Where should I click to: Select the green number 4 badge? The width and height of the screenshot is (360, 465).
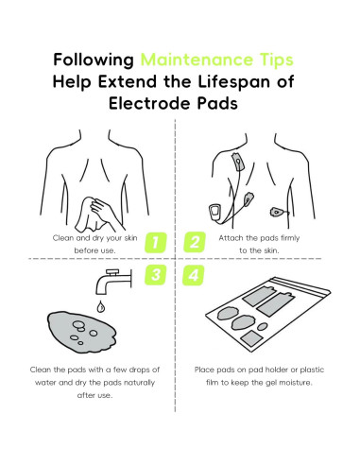196,275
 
